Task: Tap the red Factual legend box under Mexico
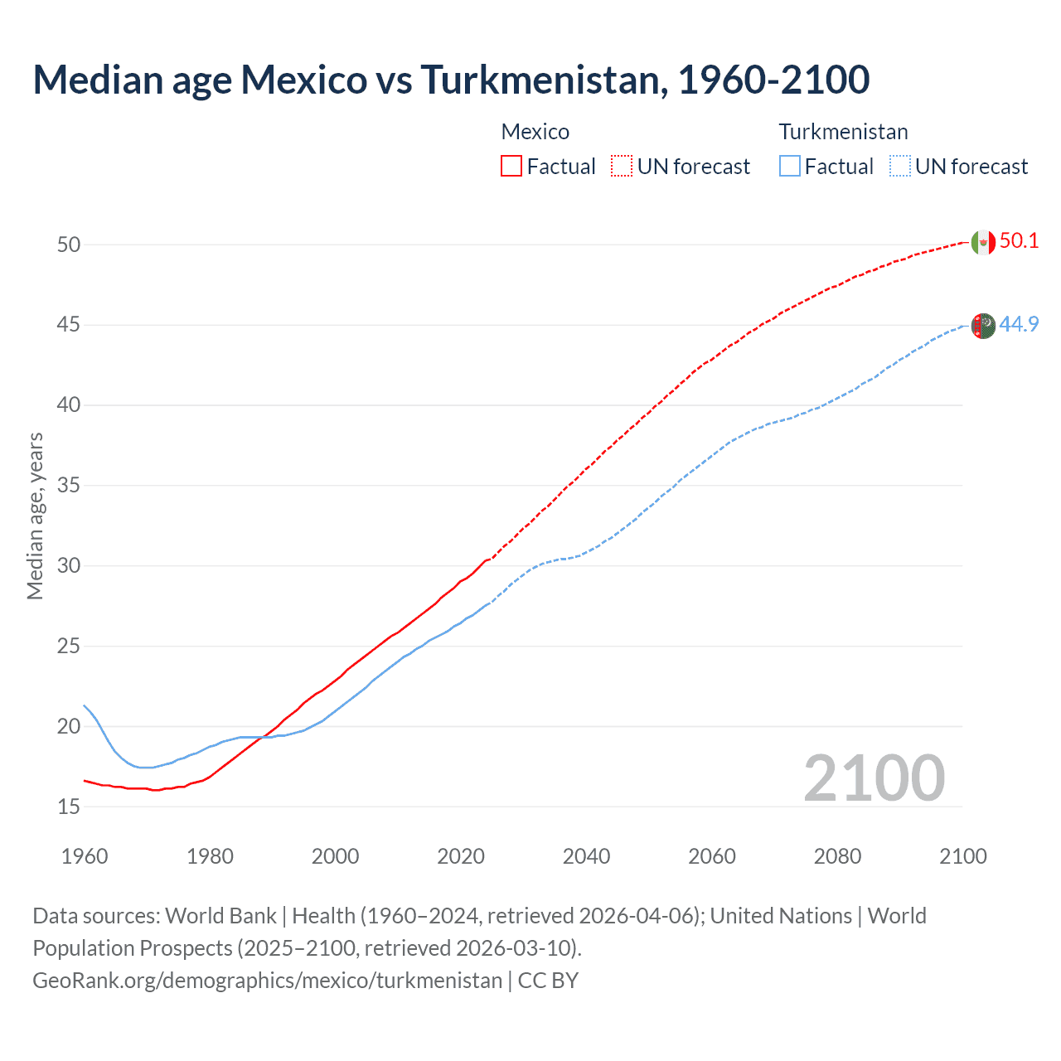pyautogui.click(x=511, y=166)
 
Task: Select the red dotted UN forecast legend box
pyautogui.click(x=622, y=166)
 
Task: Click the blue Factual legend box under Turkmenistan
pyautogui.click(x=790, y=166)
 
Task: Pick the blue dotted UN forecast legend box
pyautogui.click(x=900, y=166)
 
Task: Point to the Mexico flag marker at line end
pyautogui.click(x=982, y=242)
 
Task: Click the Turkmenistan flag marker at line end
pyautogui.click(x=982, y=326)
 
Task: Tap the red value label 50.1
pyautogui.click(x=1019, y=240)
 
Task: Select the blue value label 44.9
pyautogui.click(x=1019, y=324)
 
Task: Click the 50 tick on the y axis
pyautogui.click(x=69, y=245)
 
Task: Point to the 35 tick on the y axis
pyautogui.click(x=69, y=485)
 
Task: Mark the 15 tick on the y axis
pyautogui.click(x=69, y=807)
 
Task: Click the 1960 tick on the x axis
pyautogui.click(x=85, y=856)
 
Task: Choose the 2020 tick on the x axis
pyautogui.click(x=461, y=856)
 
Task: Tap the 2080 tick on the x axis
pyautogui.click(x=837, y=856)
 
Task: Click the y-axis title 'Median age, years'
pyautogui.click(x=35, y=516)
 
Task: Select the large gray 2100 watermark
pyautogui.click(x=874, y=778)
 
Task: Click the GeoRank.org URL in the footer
pyautogui.click(x=267, y=981)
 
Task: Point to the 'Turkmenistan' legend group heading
pyautogui.click(x=843, y=132)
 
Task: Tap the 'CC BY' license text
pyautogui.click(x=548, y=981)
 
